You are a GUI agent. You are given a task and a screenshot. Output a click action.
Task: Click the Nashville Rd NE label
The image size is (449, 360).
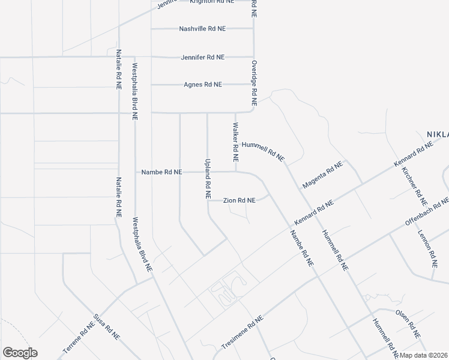pyautogui.click(x=203, y=28)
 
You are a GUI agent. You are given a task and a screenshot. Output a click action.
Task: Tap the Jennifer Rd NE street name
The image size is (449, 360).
pyautogui.click(x=203, y=57)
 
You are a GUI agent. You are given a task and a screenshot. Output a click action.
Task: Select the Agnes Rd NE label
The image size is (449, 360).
pyautogui.click(x=203, y=85)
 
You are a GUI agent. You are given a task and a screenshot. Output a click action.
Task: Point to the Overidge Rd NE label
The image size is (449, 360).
pyautogui.click(x=255, y=84)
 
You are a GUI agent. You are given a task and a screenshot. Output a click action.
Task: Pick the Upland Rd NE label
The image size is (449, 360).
pyautogui.click(x=208, y=179)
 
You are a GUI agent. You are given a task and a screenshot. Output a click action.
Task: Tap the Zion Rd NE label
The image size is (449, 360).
pyautogui.click(x=240, y=200)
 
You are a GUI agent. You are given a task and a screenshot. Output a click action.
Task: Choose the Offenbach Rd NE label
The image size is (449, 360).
pyautogui.click(x=427, y=211)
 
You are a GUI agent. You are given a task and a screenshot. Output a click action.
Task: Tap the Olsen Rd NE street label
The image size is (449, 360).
pyautogui.click(x=408, y=323)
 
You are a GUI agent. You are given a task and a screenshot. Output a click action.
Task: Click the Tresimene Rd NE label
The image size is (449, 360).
pyautogui.click(x=243, y=333)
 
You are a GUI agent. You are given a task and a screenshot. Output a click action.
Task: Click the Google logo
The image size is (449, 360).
pyautogui.click(x=20, y=353)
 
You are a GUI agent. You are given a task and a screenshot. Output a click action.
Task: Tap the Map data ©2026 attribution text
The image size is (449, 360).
pyautogui.click(x=424, y=355)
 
